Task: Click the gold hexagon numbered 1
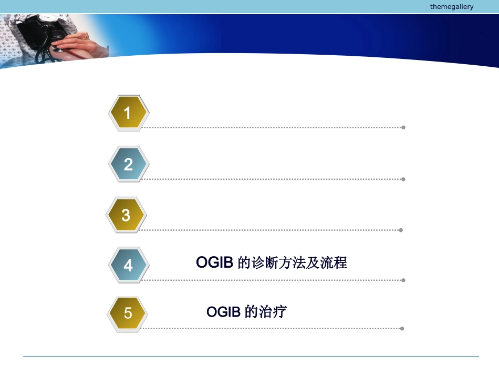pyautogui.click(x=128, y=113)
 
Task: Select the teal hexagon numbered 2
pyautogui.click(x=129, y=165)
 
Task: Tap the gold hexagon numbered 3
pyautogui.click(x=126, y=215)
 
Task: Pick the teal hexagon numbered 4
pyautogui.click(x=129, y=266)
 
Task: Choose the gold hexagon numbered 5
pyautogui.click(x=128, y=314)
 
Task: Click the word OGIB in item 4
pyautogui.click(x=214, y=262)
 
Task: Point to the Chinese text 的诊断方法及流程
pyautogui.click(x=292, y=262)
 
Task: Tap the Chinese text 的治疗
pyautogui.click(x=266, y=312)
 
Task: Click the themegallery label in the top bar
pyautogui.click(x=451, y=7)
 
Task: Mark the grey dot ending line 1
pyautogui.click(x=403, y=127)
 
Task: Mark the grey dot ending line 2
pyautogui.click(x=403, y=179)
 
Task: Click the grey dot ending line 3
pyautogui.click(x=401, y=230)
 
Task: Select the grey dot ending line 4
pyautogui.click(x=403, y=280)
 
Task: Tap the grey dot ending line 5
pyautogui.click(x=402, y=329)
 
